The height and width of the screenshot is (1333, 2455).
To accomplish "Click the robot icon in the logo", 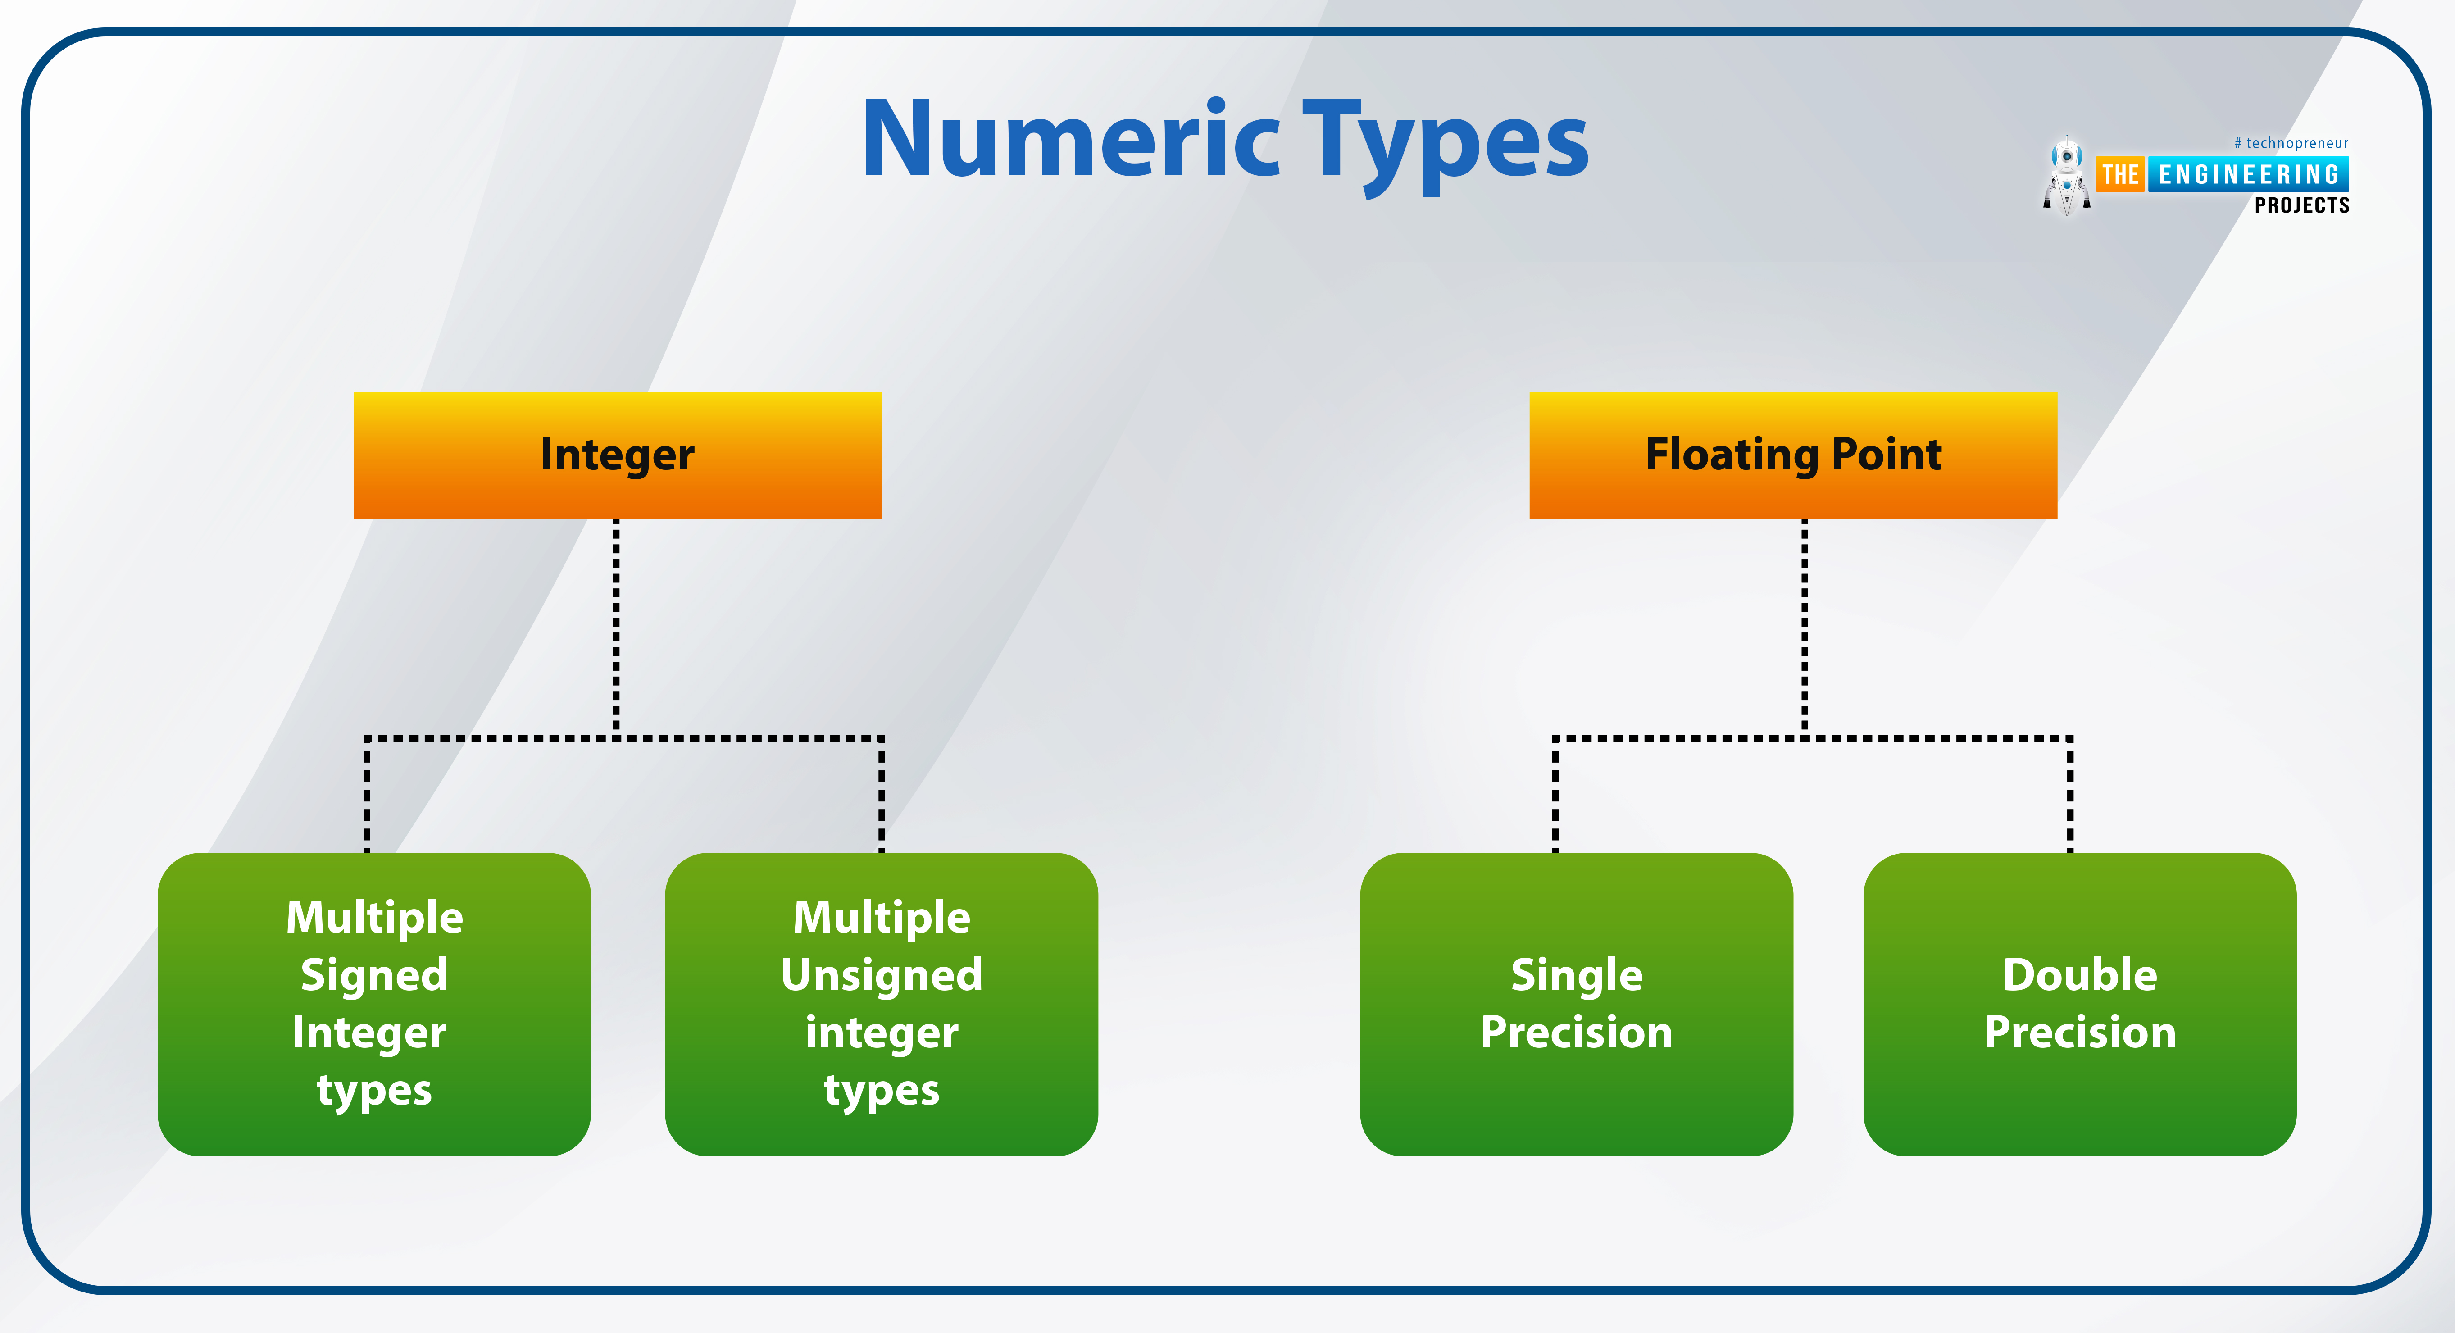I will [2066, 176].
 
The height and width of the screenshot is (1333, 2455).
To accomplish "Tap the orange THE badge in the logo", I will [2120, 174].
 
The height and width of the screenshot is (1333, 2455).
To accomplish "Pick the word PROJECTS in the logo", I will [2301, 205].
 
